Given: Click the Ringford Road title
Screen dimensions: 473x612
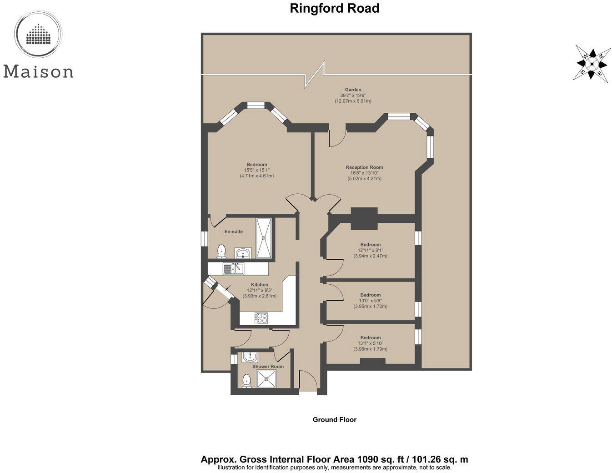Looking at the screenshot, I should (334, 8).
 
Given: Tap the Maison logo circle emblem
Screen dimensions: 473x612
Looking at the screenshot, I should (38, 34).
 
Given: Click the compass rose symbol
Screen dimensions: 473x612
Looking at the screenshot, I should (592, 63).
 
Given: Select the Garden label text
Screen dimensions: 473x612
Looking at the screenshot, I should (353, 90).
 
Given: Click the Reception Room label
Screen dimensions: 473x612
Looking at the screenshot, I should (364, 167).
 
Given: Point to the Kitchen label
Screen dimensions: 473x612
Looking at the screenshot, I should (260, 285).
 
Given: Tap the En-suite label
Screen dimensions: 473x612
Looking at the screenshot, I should (234, 231).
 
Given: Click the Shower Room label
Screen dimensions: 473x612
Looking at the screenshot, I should (268, 367).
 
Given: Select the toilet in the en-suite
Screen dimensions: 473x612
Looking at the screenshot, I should (221, 251).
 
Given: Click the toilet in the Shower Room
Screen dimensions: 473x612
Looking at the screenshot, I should (246, 380).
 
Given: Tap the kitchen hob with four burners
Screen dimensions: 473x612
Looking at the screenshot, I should (261, 318).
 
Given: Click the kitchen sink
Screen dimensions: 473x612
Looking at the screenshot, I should (233, 269).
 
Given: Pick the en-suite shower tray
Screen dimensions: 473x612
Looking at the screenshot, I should (264, 238).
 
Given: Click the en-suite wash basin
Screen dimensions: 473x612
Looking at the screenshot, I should (243, 252).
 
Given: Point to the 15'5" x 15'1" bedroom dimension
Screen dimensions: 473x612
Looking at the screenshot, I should (256, 170).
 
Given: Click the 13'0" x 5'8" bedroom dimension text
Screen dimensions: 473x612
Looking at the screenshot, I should (370, 301).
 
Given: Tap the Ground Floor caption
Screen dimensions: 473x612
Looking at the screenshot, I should (334, 420).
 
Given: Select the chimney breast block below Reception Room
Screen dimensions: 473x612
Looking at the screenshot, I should (364, 218).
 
